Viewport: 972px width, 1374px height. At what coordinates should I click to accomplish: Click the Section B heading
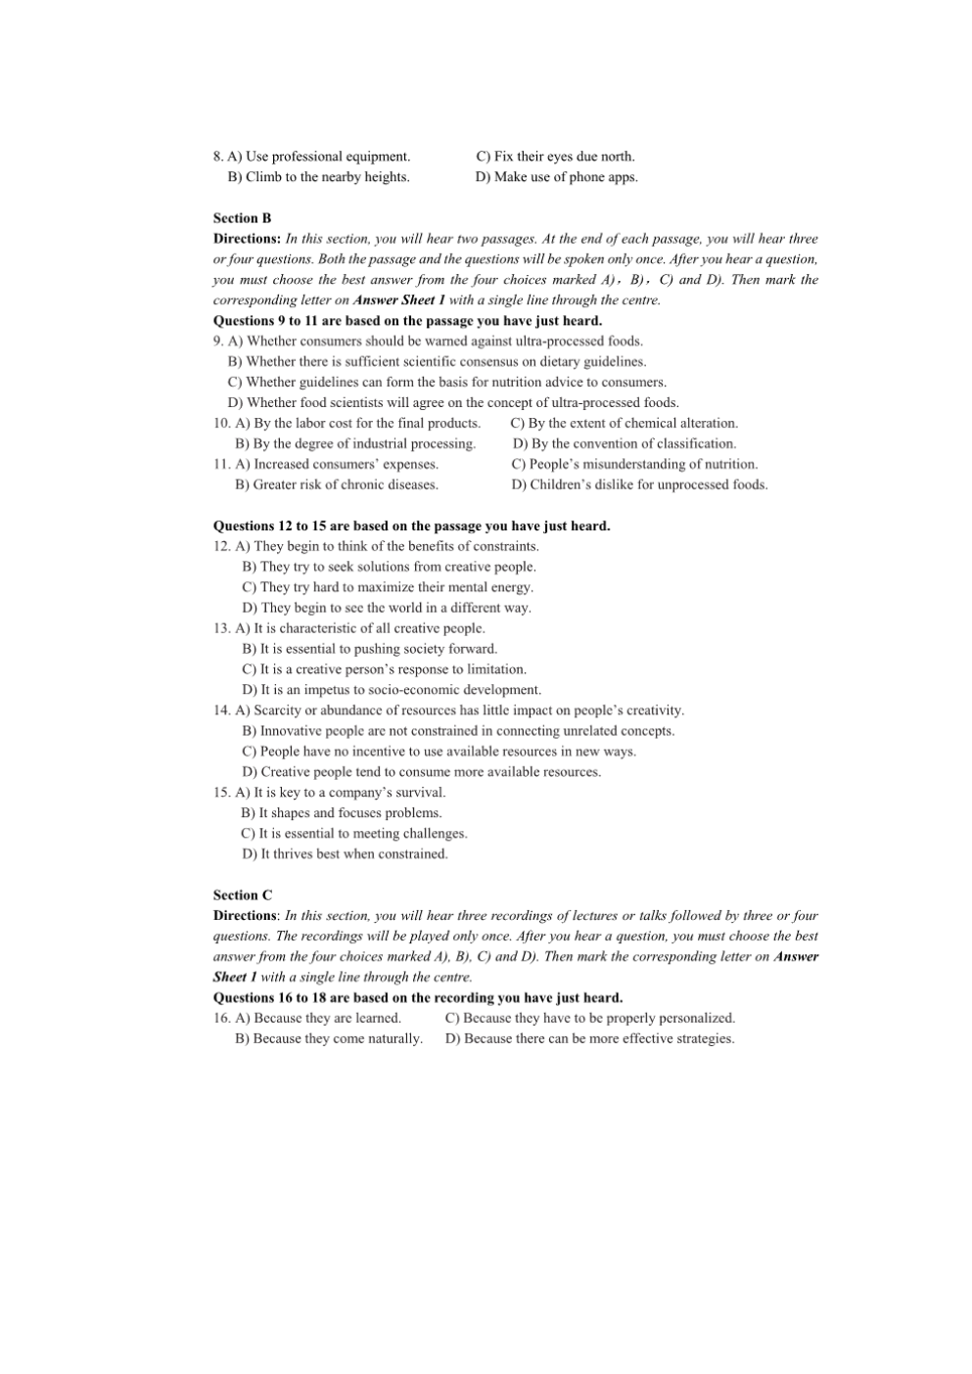coord(242,218)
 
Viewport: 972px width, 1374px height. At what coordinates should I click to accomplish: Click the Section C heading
coord(243,894)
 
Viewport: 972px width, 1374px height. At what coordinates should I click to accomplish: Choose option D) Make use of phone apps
coord(556,177)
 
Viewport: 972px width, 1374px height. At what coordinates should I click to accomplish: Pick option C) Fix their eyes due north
coord(555,157)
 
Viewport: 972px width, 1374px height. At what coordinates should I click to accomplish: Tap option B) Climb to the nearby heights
coord(318,177)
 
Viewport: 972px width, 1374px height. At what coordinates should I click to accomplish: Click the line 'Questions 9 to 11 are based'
coord(407,321)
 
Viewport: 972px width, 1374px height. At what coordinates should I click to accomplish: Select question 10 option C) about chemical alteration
coord(624,424)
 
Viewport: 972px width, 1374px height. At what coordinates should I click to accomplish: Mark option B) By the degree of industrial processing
coord(355,444)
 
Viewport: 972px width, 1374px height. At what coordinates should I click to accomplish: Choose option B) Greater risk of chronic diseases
coord(337,485)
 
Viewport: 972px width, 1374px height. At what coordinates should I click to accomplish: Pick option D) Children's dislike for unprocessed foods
coord(639,485)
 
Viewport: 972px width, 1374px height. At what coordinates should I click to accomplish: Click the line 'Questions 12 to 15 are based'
coord(411,527)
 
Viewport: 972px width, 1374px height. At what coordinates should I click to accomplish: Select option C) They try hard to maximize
coord(387,587)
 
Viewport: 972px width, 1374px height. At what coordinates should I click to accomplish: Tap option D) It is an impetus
coord(391,690)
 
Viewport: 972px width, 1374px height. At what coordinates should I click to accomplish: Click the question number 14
coord(222,710)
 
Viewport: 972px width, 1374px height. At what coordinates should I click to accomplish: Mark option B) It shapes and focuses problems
coord(342,813)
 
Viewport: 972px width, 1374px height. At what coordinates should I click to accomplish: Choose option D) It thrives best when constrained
coord(345,854)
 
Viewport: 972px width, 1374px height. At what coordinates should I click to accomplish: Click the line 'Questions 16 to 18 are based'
coord(417,998)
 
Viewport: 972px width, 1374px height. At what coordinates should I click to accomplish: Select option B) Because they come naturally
coord(329,1039)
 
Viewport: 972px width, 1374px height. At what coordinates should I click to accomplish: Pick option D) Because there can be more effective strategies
coord(589,1039)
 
